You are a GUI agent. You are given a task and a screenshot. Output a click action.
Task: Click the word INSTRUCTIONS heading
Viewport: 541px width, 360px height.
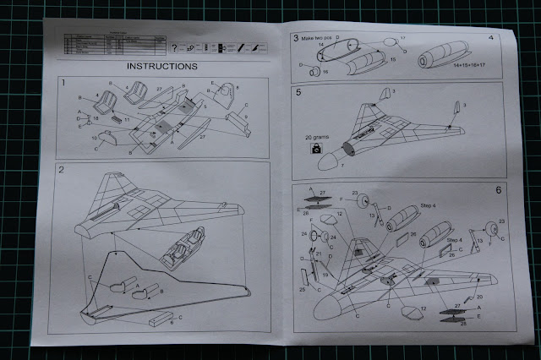[161, 65]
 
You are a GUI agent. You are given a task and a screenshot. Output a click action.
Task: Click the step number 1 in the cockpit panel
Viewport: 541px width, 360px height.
[64, 82]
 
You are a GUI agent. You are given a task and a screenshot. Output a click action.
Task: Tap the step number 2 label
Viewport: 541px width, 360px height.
[62, 170]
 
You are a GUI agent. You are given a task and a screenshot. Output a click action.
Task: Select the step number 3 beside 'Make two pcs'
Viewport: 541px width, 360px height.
[296, 38]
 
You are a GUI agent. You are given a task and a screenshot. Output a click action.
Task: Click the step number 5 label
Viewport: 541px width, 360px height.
[298, 93]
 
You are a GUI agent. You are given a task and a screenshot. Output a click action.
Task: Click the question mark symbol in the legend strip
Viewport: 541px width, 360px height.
[173, 47]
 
